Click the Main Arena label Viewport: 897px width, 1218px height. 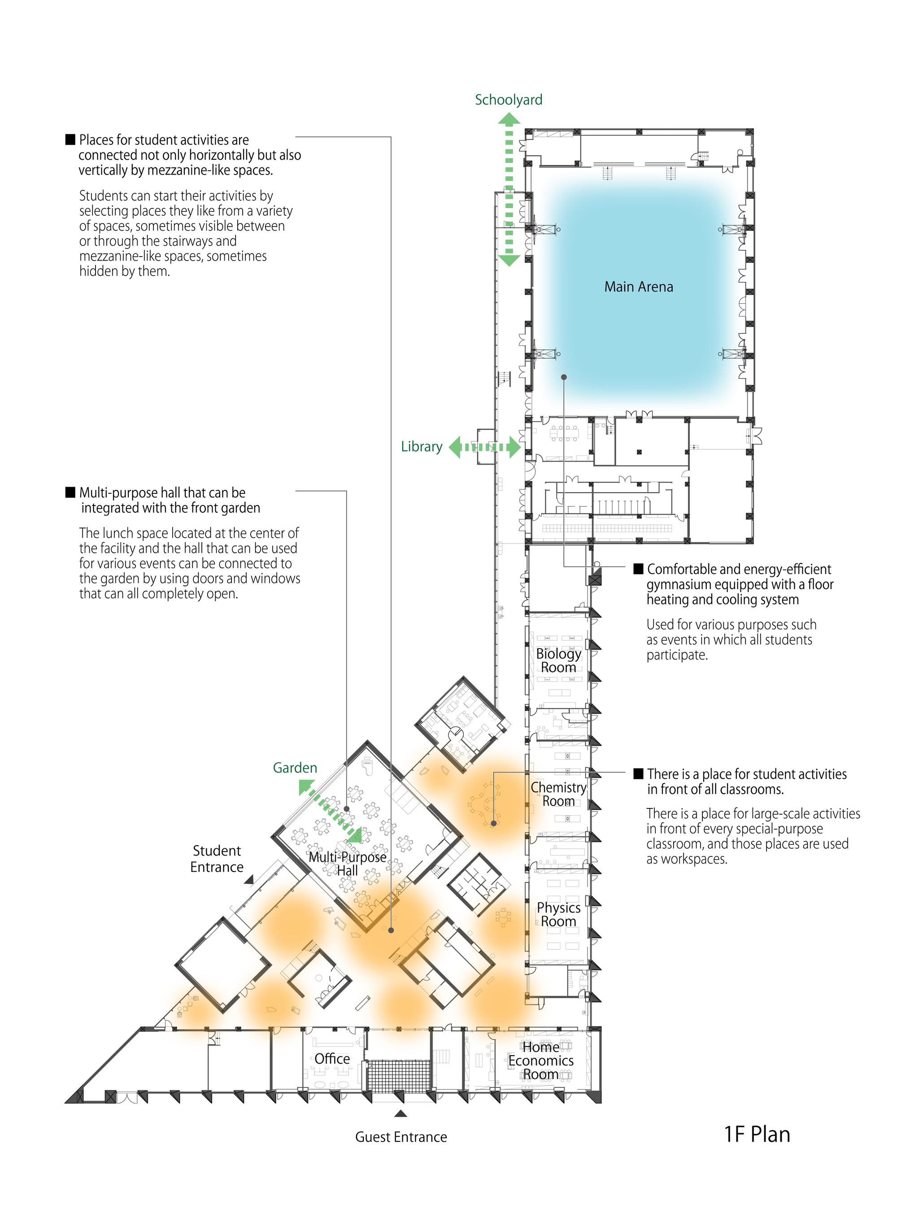click(639, 287)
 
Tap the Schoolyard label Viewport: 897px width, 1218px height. click(508, 100)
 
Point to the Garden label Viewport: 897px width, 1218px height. click(295, 768)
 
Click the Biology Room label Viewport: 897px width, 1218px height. click(558, 660)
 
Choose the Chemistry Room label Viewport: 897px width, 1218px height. click(558, 794)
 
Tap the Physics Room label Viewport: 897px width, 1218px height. click(558, 914)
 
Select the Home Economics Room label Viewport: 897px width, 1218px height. click(541, 1061)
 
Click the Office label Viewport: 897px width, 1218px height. click(332, 1059)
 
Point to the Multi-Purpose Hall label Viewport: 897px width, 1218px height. click(348, 864)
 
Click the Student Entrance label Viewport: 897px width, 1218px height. click(217, 859)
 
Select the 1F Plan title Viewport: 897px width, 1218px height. click(757, 1135)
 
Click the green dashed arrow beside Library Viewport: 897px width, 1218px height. click(485, 447)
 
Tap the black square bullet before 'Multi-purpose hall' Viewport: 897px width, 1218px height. click(70, 493)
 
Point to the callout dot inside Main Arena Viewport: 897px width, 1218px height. click(564, 377)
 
